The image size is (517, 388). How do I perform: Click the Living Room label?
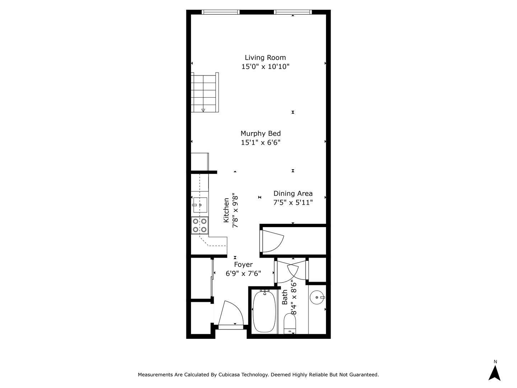[265, 57]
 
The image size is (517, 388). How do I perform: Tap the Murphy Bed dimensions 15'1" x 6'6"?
[260, 143]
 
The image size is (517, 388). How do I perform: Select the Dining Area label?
[293, 193]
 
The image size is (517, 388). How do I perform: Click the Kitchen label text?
[226, 210]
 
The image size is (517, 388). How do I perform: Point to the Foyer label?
[243, 264]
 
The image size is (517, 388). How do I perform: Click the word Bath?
[285, 297]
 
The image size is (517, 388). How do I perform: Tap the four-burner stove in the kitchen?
[200, 225]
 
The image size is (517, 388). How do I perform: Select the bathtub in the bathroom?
[264, 311]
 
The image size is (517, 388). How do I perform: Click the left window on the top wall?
[220, 12]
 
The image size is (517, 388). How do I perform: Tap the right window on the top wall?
[293, 12]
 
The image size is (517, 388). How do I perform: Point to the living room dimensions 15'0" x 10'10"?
[265, 66]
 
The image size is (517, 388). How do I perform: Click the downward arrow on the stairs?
[203, 110]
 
